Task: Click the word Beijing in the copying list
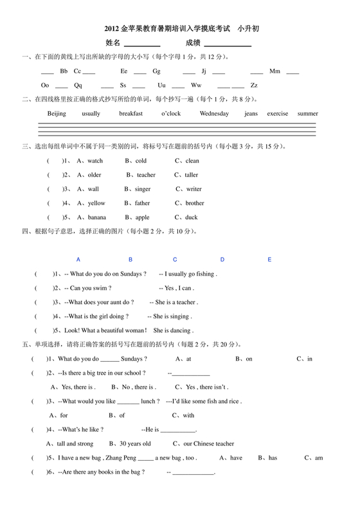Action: tap(57, 114)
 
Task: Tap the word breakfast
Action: tap(130, 114)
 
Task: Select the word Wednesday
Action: tap(214, 114)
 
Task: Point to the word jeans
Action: tap(251, 114)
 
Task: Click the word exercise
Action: tap(278, 114)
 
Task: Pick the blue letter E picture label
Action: tap(270, 260)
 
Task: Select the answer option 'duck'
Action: tap(192, 217)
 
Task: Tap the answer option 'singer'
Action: tap(142, 189)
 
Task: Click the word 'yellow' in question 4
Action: tap(96, 203)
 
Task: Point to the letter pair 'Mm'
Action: tap(275, 71)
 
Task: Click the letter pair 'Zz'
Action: tap(254, 85)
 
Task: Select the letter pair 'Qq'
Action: tap(78, 85)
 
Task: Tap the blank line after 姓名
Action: tap(142, 44)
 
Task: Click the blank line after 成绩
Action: tap(228, 44)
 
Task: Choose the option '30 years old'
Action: tap(135, 443)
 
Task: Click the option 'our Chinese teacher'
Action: tap(208, 443)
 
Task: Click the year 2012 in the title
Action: tap(112, 30)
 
